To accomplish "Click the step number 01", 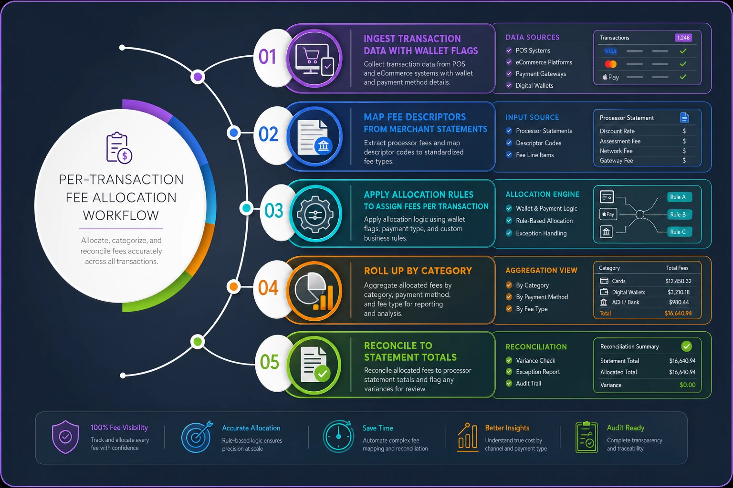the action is coord(267,57).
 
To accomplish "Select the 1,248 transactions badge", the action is coord(683,38).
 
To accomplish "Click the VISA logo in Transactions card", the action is coord(610,51).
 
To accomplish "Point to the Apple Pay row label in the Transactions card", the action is coord(611,77).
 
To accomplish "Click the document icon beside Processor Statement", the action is coord(684,118).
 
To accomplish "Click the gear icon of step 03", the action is coord(315,214).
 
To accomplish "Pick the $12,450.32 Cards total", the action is coord(678,281).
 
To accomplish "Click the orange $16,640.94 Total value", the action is coord(678,313).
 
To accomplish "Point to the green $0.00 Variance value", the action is coord(688,385).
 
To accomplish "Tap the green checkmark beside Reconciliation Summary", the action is coord(687,346).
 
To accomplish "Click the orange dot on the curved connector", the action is coord(234,287).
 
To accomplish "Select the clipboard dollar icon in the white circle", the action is coord(119,148).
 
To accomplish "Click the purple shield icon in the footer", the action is coord(65,437).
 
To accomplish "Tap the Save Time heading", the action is coord(377,428).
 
